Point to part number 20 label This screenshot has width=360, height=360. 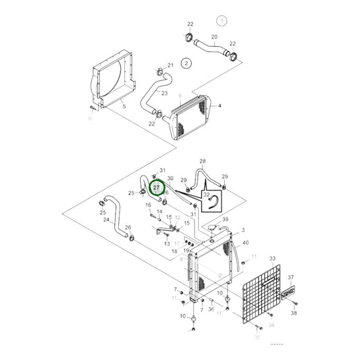(214, 36)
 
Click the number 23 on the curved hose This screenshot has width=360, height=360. (164, 93)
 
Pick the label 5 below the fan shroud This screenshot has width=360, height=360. (124, 106)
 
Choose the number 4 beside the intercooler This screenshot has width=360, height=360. (220, 105)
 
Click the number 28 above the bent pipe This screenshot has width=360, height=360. (203, 161)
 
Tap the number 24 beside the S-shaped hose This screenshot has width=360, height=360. (107, 220)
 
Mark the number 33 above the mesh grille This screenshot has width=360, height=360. (272, 259)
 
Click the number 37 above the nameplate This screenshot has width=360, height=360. (290, 278)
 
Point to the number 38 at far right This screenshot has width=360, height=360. (294, 313)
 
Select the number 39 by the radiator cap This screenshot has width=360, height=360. (226, 220)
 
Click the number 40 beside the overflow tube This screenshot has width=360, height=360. (245, 242)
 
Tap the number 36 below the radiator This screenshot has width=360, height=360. (211, 309)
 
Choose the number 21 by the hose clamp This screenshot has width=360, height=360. (170, 66)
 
